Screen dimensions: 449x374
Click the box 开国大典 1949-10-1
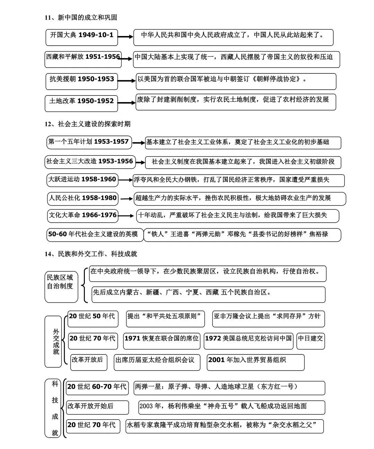pos(81,37)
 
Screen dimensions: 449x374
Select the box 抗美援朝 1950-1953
pos(81,81)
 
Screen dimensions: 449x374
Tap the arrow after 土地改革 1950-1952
pos(126,102)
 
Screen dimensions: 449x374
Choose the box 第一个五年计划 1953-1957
pos(89,142)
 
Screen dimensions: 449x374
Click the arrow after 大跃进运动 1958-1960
pos(125,180)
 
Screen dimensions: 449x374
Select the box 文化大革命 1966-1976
pos(83,215)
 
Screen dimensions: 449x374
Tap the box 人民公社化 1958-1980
pos(83,198)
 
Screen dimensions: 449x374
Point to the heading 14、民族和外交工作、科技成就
pos(91,254)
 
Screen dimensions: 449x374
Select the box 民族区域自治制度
pos(61,286)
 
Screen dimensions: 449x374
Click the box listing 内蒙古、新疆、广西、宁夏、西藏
pos(208,294)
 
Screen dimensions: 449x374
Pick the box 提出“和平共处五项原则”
pos(164,318)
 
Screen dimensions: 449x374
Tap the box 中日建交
pos(311,341)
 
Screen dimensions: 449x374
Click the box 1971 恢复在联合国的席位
pos(162,341)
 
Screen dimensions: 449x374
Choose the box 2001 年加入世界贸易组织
pos(255,362)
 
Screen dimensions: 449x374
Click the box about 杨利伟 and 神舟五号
pos(231,407)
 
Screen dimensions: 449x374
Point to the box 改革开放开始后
pos(97,407)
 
